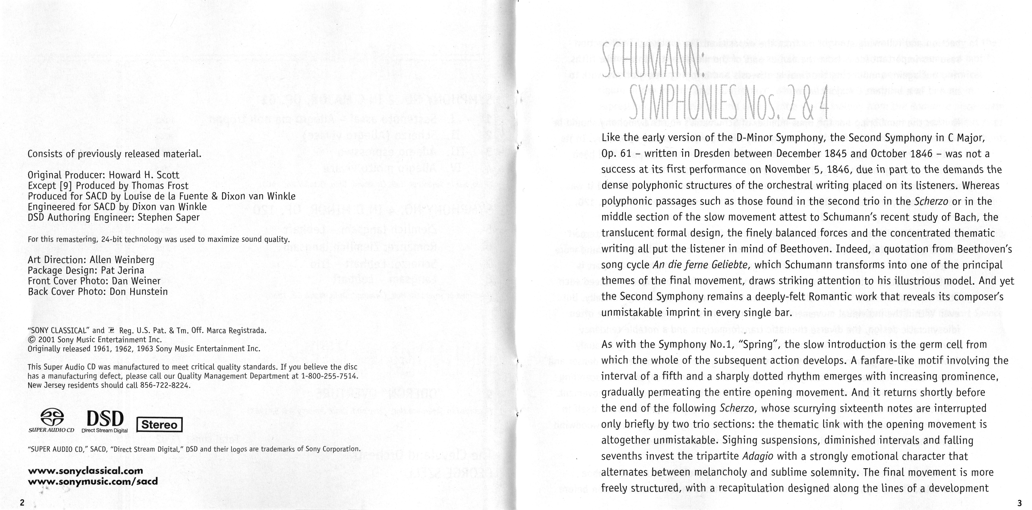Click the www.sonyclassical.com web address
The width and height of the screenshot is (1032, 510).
pos(85,471)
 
